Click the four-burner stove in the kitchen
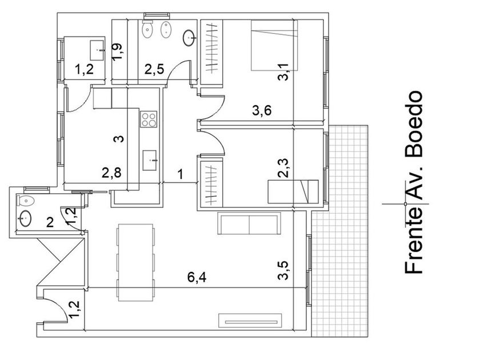pos(149,119)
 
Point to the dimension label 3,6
pos(261,111)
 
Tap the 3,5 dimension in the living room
pos(283,271)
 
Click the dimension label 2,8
pos(111,173)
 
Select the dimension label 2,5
pos(154,70)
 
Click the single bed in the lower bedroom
pos(293,190)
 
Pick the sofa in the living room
pos(250,223)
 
